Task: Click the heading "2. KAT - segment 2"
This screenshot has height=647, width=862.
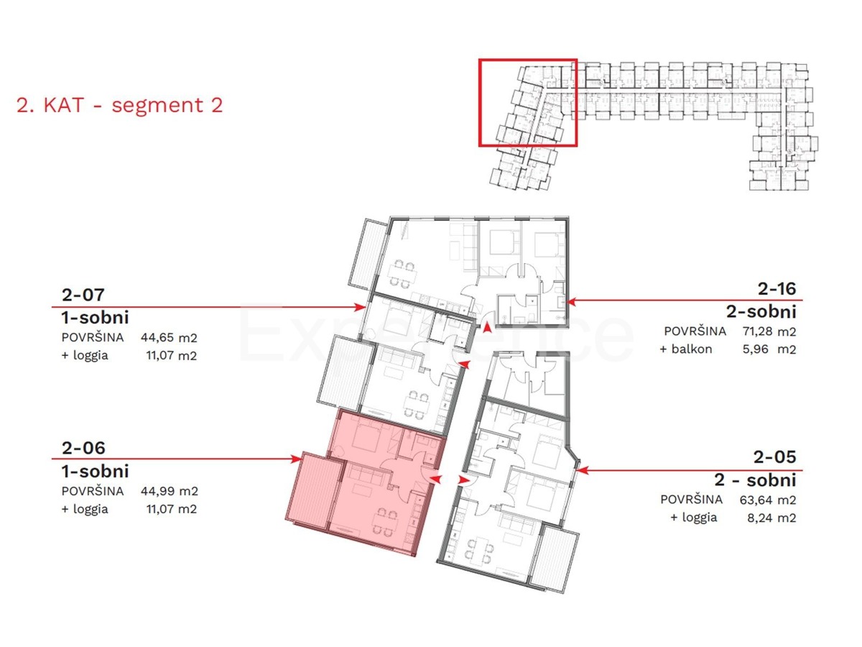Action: pos(120,105)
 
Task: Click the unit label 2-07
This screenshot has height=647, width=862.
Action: pos(83,295)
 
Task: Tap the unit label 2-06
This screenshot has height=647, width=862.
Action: pos(83,448)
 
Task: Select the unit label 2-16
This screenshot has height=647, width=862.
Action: pos(777,289)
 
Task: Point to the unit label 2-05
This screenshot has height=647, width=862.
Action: pos(775,457)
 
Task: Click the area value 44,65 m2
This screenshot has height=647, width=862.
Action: pos(169,337)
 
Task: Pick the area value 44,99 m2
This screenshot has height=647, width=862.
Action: pos(170,491)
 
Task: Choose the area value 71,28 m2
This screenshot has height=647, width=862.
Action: pos(769,331)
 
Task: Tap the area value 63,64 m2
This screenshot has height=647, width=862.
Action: pos(768,500)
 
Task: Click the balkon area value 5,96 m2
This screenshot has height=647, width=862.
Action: pos(769,349)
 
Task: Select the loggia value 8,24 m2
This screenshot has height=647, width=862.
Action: pos(771,518)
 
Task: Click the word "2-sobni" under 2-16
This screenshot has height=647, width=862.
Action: pos(761,312)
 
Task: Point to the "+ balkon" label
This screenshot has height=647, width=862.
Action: pos(686,349)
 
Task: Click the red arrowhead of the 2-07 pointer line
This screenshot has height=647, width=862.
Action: pos(360,307)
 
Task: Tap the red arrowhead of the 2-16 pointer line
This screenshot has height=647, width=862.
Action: pos(571,302)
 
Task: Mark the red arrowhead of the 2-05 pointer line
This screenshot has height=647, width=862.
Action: pos(583,470)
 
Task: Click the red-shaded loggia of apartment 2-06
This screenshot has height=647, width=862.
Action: pos(312,491)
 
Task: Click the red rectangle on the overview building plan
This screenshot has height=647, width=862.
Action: pos(527,60)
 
